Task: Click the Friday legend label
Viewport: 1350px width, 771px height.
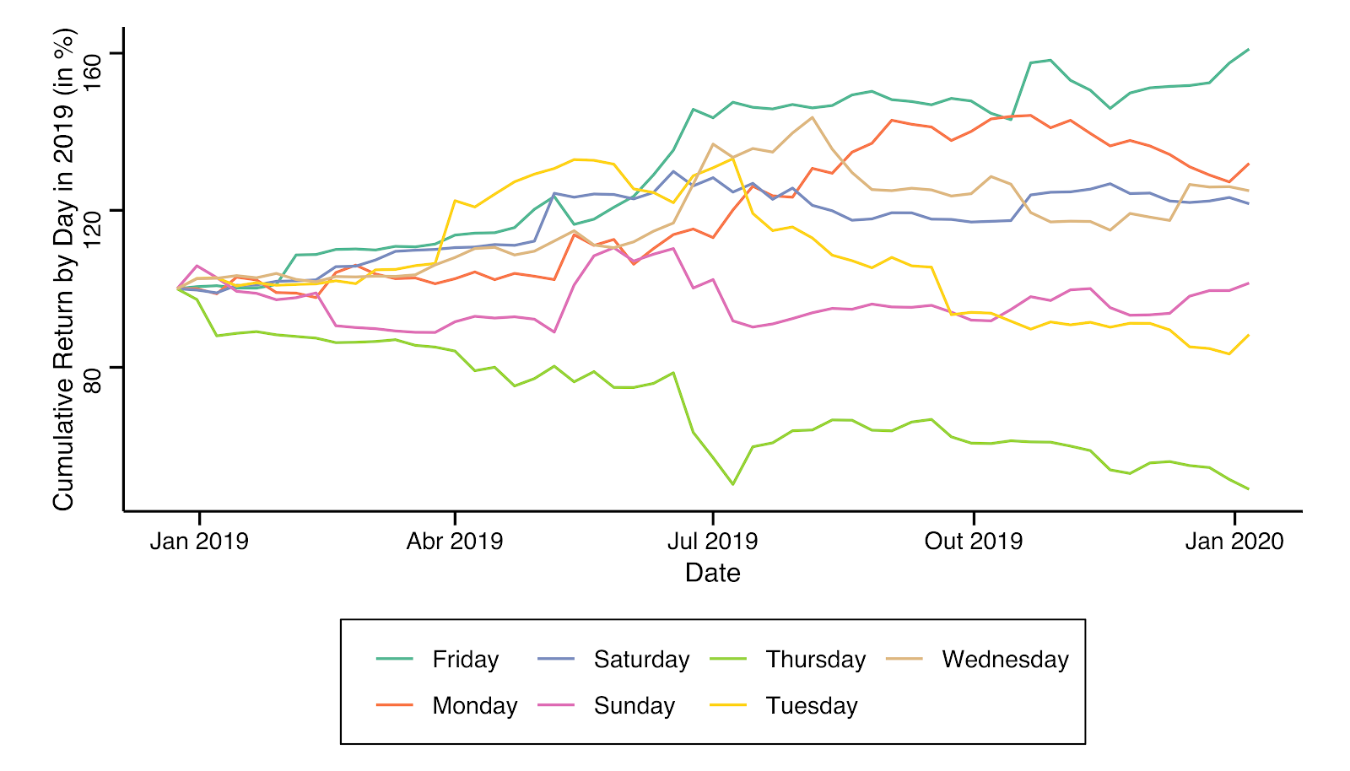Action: (x=465, y=660)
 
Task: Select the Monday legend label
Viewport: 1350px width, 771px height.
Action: (x=474, y=706)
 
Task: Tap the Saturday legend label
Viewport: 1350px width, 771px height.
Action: (x=641, y=660)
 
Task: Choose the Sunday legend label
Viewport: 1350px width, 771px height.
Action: (x=634, y=706)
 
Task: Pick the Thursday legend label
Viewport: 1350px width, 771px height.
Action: (x=815, y=660)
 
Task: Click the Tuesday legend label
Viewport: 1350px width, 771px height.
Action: (x=811, y=706)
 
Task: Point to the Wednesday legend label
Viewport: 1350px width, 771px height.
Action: (x=1005, y=660)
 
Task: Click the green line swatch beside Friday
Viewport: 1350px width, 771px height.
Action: (x=395, y=659)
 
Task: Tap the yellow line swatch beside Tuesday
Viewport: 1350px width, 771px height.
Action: (x=728, y=705)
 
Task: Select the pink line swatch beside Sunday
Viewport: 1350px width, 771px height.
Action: (x=556, y=705)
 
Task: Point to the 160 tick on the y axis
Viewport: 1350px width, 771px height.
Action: (x=93, y=54)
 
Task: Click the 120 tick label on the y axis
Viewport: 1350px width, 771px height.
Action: (x=93, y=210)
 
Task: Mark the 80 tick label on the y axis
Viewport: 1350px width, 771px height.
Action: (x=93, y=367)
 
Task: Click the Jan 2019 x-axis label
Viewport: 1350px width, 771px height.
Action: (x=199, y=542)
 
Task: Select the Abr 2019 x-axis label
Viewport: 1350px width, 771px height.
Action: (x=455, y=542)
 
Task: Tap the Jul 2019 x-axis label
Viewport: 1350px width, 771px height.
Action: (x=713, y=542)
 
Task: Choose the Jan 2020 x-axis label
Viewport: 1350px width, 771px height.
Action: (x=1234, y=542)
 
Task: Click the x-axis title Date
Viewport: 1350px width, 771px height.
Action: (x=713, y=573)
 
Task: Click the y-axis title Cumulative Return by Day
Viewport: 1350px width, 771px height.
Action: (x=64, y=270)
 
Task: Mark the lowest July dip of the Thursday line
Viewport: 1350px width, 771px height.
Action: (x=732, y=484)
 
